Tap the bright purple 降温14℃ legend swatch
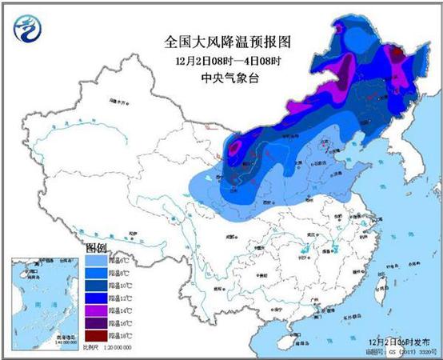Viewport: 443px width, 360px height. point(100,312)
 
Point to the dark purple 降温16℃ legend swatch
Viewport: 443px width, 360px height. point(100,325)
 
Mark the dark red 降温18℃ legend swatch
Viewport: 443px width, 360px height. point(100,338)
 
